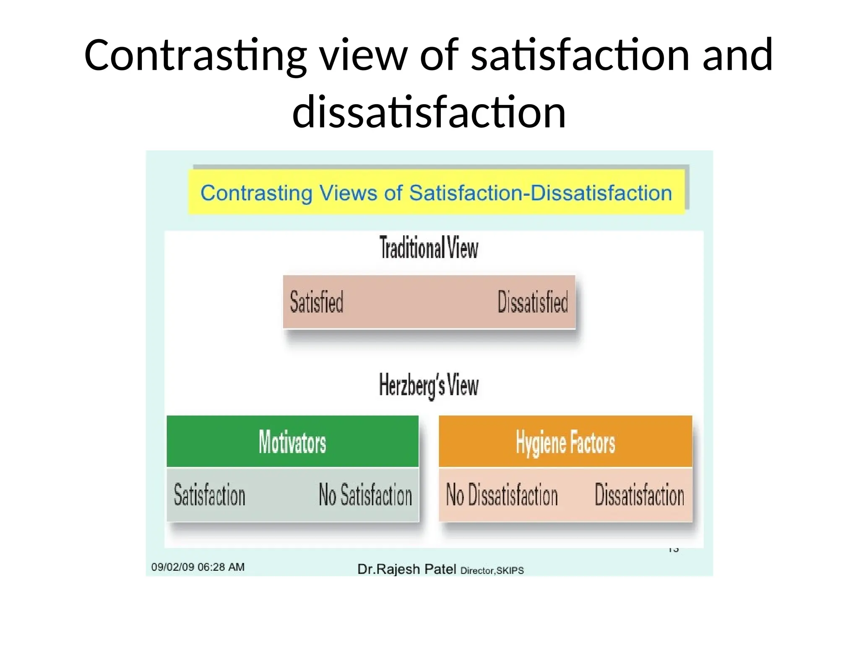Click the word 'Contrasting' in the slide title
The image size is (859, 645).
[195, 56]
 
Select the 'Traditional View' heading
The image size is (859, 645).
[429, 248]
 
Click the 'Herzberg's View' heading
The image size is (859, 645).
[429, 385]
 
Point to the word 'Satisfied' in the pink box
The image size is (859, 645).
[317, 302]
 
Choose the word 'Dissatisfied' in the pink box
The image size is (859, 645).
[533, 302]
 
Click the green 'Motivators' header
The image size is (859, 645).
[292, 442]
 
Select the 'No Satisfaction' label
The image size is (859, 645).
[365, 495]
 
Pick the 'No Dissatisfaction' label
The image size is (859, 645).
[502, 495]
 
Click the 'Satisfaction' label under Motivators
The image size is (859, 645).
[209, 495]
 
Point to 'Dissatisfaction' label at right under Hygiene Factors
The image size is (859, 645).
[639, 495]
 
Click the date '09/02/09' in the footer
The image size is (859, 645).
[173, 567]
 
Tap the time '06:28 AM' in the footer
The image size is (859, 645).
[221, 567]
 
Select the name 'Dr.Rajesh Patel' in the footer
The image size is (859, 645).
[406, 569]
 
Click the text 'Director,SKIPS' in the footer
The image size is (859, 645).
[492, 570]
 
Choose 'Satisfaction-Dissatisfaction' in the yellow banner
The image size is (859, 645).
[540, 193]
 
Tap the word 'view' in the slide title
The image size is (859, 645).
[364, 56]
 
